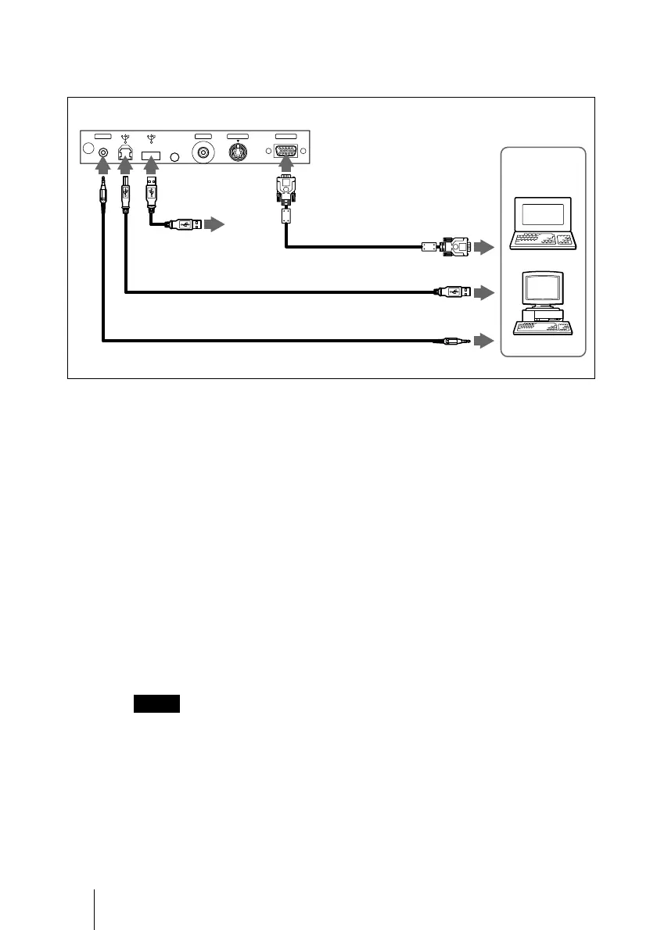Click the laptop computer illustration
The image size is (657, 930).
(x=542, y=224)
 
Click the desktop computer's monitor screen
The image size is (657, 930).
(x=542, y=287)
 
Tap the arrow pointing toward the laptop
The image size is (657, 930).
(x=485, y=248)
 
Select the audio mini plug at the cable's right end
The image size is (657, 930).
(x=454, y=341)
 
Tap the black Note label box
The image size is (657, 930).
(x=156, y=703)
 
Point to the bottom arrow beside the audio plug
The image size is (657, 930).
(x=485, y=341)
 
